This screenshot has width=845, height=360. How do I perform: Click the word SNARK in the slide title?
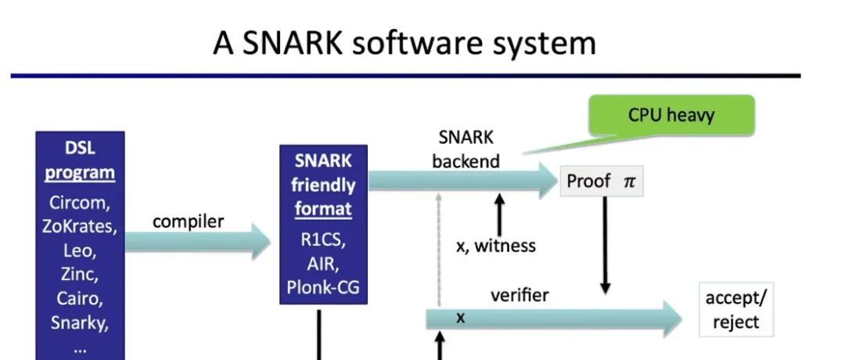tap(293, 42)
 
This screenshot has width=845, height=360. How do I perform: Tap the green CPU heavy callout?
tap(671, 115)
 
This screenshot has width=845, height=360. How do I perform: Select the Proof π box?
tap(602, 181)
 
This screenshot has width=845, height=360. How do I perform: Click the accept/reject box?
tap(735, 309)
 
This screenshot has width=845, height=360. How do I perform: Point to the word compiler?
tap(188, 221)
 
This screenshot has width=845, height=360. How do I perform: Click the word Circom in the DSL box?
tap(80, 203)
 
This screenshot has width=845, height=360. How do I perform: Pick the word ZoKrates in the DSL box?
tap(80, 226)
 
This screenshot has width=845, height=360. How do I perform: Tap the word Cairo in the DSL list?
tap(80, 298)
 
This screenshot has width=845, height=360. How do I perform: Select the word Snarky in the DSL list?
tap(80, 322)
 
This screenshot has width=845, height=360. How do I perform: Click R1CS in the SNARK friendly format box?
tap(323, 239)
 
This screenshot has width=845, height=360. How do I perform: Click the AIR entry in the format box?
tap(323, 264)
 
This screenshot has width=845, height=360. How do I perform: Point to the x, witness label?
tap(496, 246)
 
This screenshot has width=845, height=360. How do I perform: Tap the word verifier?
tap(520, 295)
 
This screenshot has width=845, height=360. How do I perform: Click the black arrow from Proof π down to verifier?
tap(605, 245)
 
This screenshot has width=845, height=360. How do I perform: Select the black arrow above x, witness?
tap(499, 214)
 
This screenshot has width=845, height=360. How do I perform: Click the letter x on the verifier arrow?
tap(460, 318)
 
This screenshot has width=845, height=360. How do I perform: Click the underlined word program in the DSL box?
tap(80, 174)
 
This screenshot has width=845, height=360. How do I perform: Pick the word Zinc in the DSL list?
tap(80, 275)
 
